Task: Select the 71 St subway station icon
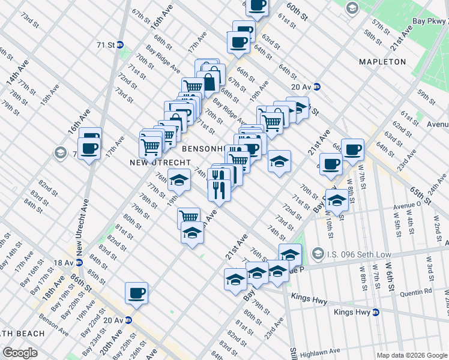pos(120,44)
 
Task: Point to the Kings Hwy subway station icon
pos(375,312)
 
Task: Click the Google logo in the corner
pos(19,353)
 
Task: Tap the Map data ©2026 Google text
pos(411,355)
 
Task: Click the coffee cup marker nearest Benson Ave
pos(136,293)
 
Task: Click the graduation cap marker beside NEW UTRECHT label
pos(179,179)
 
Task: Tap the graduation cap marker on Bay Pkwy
pos(337,200)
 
